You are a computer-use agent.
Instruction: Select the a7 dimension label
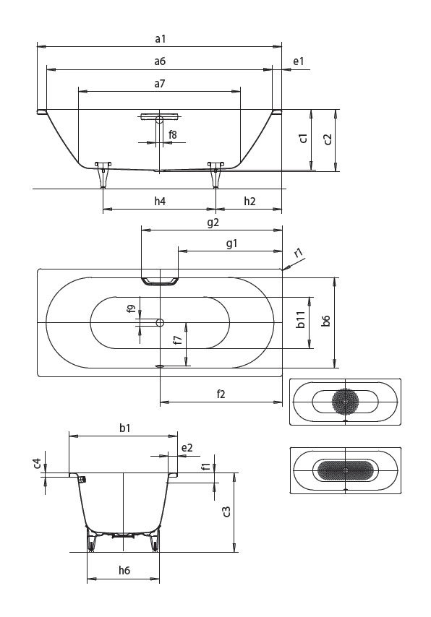160,84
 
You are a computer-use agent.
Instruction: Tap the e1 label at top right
298,62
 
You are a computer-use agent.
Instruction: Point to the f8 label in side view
174,134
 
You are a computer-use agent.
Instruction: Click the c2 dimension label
328,139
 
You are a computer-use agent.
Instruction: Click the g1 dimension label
231,243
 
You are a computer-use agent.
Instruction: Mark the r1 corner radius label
299,253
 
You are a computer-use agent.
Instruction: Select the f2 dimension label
221,394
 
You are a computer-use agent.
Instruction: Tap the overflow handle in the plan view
160,280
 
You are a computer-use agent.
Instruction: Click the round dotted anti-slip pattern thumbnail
345,401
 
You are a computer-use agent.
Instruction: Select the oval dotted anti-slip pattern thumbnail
345,470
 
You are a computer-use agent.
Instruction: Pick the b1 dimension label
124,428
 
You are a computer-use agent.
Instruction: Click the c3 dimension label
226,512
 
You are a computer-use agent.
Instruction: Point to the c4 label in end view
37,462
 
